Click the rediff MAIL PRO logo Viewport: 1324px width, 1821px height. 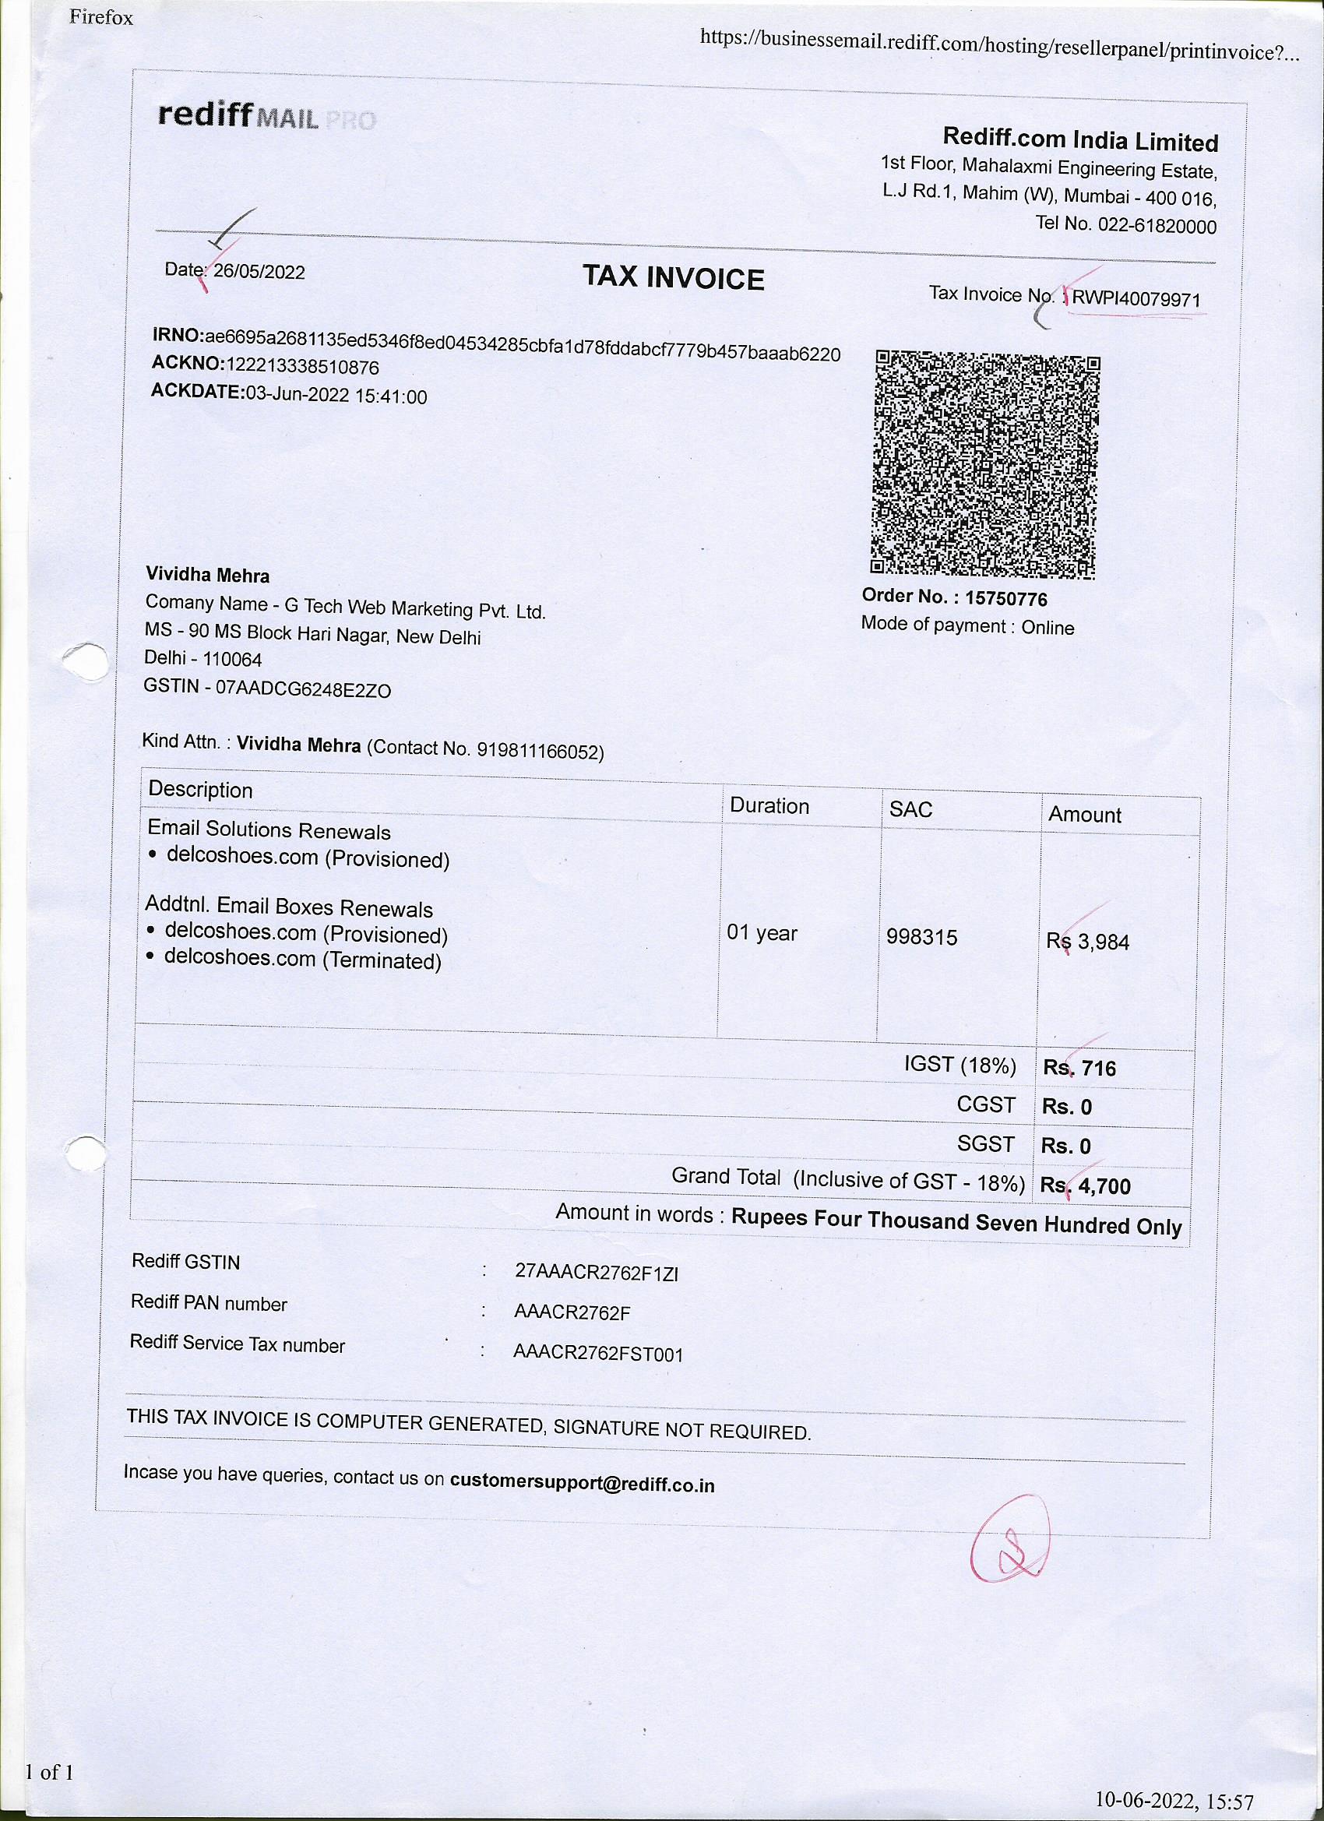(x=266, y=116)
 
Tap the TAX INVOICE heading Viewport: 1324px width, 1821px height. (x=673, y=278)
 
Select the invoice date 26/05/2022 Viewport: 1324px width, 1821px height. (x=259, y=271)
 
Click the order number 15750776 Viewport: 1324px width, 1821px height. (x=1005, y=598)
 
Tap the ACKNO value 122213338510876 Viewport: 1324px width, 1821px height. (x=302, y=367)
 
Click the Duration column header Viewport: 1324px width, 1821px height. (x=769, y=806)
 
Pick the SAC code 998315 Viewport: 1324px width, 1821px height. (x=922, y=937)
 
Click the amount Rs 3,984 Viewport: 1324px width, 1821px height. (x=1087, y=941)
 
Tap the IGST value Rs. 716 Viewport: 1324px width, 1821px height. (x=1079, y=1068)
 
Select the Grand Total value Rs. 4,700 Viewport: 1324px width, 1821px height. (x=1085, y=1186)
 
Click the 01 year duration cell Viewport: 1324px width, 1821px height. (x=761, y=933)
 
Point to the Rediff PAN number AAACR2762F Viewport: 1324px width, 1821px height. (x=572, y=1312)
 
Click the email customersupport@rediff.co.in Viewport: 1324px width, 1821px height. (x=581, y=1484)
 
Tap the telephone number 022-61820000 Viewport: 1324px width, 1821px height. (x=1157, y=226)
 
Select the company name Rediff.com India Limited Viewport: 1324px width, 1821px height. (x=1080, y=139)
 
